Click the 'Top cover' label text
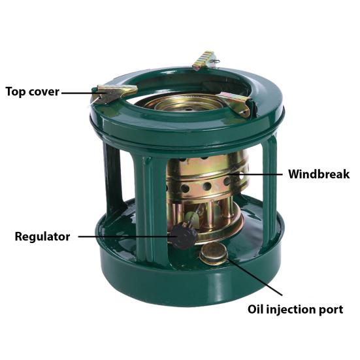(x=32, y=92)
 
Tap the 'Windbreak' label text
(x=318, y=175)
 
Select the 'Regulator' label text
(x=42, y=237)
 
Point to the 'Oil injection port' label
(x=295, y=309)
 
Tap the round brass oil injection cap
(x=214, y=253)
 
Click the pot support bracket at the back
(x=204, y=59)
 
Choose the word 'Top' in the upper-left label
(x=16, y=92)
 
